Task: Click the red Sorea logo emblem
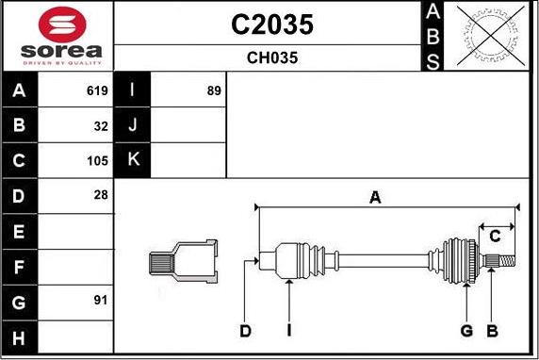tap(62, 25)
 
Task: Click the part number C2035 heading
tap(272, 25)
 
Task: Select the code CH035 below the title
tap(272, 57)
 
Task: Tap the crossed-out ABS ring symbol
tap(491, 36)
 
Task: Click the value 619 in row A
tap(97, 90)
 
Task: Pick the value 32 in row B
tap(101, 126)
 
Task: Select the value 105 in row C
tap(97, 160)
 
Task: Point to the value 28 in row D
tap(101, 195)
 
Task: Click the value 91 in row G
tap(101, 301)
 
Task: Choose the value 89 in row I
tap(214, 90)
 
